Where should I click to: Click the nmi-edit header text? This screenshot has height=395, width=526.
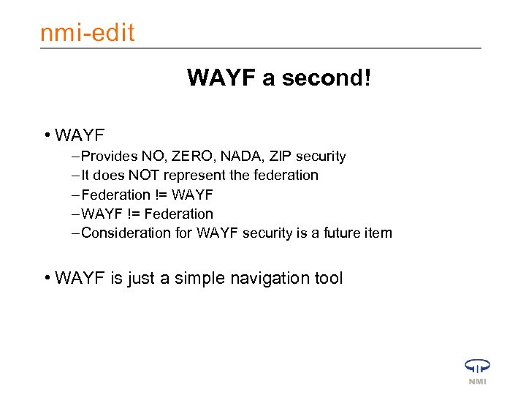[88, 32]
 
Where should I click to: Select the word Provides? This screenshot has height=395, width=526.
[107, 157]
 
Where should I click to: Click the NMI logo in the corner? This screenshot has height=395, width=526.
[476, 371]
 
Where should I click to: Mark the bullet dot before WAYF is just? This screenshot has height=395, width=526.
[46, 278]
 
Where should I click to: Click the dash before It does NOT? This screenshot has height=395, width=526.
[77, 176]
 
